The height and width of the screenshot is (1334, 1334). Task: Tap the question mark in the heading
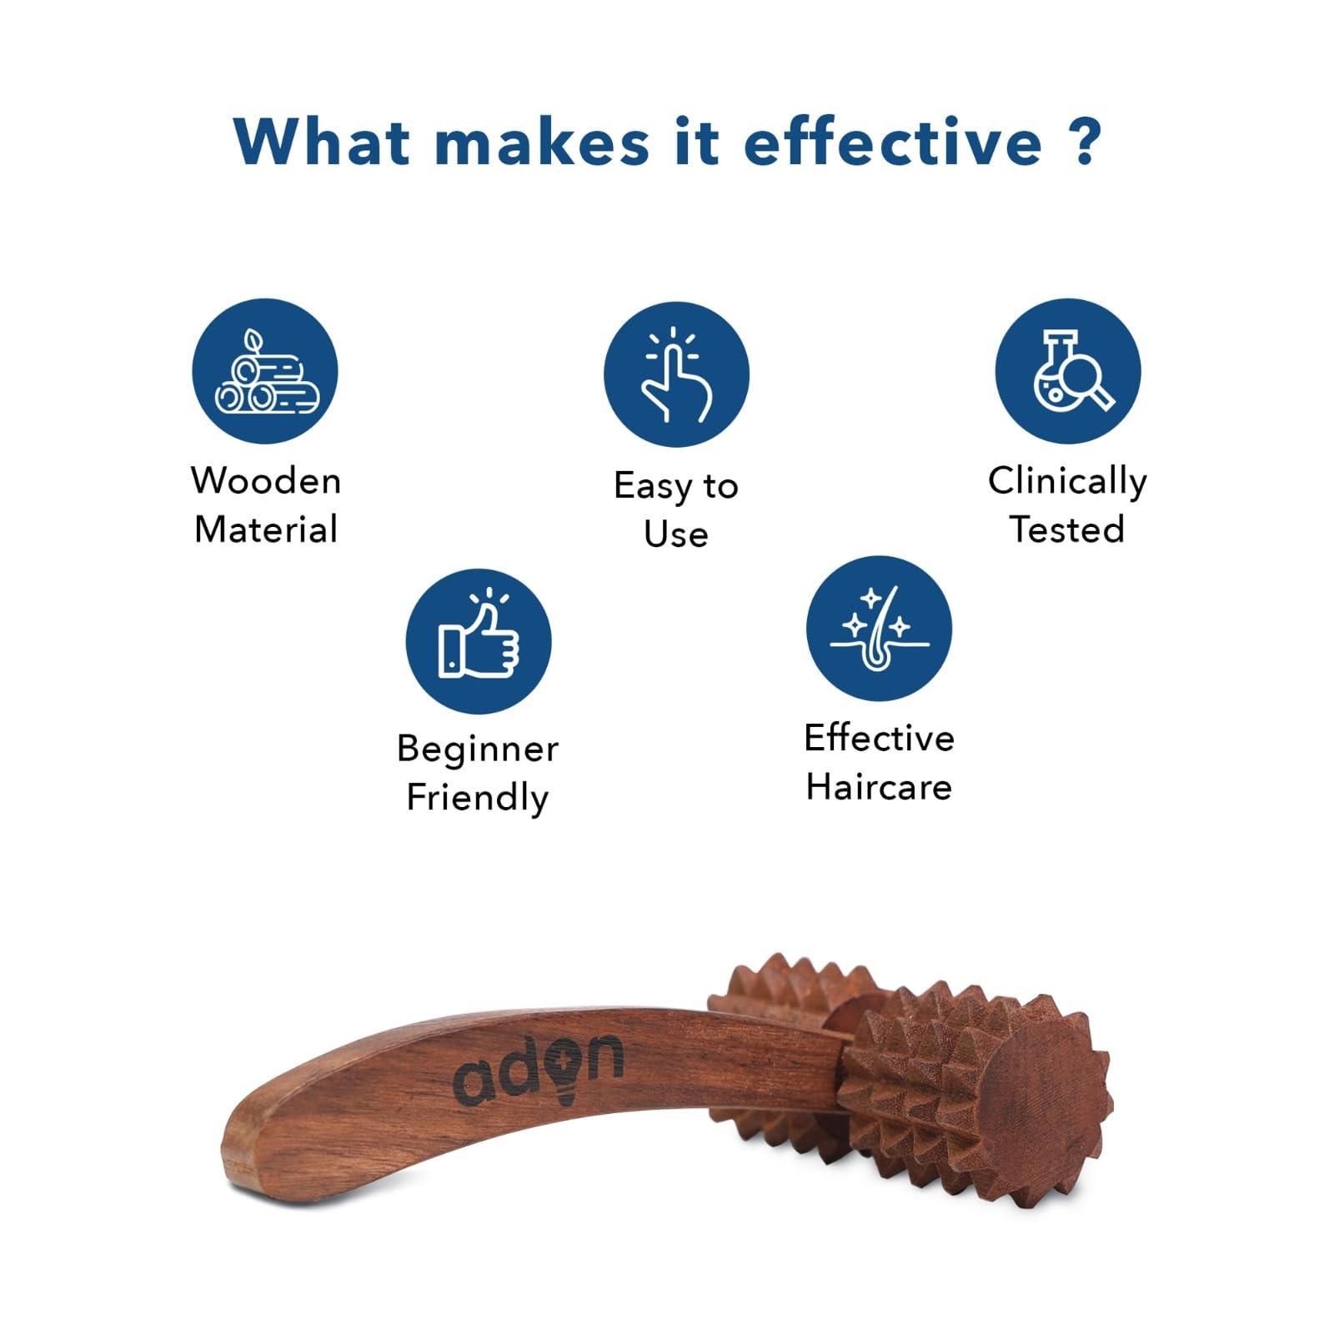click(x=1085, y=142)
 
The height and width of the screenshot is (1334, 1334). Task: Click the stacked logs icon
click(x=265, y=371)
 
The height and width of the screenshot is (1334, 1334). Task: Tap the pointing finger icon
click(x=676, y=374)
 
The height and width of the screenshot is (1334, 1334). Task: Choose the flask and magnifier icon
click(x=1068, y=371)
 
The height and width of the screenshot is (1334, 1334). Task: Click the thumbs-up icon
click(x=479, y=641)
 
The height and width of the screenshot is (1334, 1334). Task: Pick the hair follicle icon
click(x=879, y=628)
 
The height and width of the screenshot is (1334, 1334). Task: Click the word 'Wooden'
click(x=266, y=481)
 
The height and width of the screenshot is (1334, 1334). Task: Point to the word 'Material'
click(x=266, y=529)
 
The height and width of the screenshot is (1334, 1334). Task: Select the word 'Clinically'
click(x=1067, y=482)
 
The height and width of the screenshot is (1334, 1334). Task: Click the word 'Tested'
click(x=1067, y=529)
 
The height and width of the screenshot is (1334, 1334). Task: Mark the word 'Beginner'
click(x=478, y=749)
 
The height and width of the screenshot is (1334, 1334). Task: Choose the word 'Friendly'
click(x=478, y=798)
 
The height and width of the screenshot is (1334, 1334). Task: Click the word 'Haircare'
click(x=879, y=787)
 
